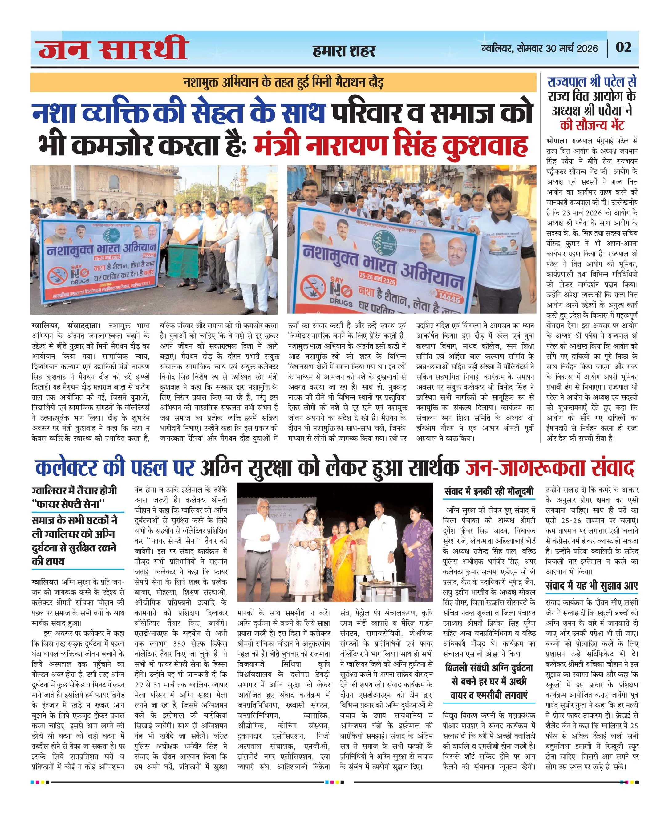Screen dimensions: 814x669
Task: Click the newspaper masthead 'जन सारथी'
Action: pyautogui.click(x=112, y=48)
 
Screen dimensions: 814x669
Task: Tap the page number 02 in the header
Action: pyautogui.click(x=623, y=47)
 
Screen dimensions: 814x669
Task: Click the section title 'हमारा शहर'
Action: pyautogui.click(x=344, y=51)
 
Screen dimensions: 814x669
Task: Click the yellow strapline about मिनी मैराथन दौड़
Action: pyautogui.click(x=283, y=83)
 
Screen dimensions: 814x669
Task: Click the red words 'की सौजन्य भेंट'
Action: pyautogui.click(x=592, y=125)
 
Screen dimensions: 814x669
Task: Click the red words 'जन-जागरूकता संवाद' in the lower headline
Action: pyautogui.click(x=549, y=468)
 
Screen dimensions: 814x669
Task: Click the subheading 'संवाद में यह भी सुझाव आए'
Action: pyautogui.click(x=592, y=586)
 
